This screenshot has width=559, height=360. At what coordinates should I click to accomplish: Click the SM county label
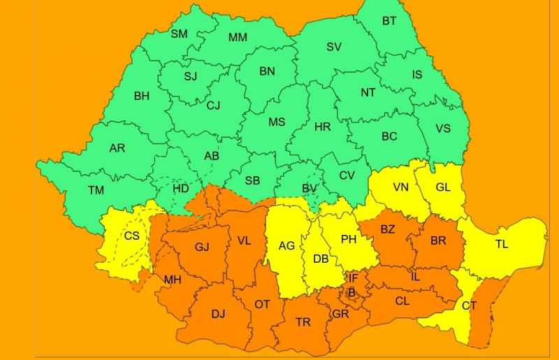(179, 34)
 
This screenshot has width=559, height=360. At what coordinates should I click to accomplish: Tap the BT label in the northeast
(389, 21)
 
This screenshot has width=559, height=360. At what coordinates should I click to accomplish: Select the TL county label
(502, 245)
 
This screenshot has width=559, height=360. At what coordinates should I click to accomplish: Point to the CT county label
(469, 305)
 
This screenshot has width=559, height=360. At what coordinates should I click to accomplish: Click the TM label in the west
(96, 190)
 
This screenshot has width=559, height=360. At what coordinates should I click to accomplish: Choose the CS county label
(131, 236)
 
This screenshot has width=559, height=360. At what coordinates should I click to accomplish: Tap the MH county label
(173, 280)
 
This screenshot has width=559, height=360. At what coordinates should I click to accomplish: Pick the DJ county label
(218, 314)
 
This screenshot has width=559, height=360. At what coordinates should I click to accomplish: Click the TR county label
(303, 322)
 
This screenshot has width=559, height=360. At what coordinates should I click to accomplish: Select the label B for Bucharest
(352, 291)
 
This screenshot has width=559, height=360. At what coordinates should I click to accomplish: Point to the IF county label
(354, 278)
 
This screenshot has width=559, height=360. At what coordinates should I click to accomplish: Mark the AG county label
(286, 245)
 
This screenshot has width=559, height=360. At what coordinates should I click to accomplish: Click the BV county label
(309, 189)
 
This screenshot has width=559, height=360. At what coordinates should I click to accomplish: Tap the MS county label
(277, 122)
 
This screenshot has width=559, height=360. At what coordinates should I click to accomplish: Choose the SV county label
(334, 47)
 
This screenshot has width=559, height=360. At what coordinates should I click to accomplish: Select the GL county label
(443, 187)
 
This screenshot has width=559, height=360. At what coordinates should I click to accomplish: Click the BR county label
(438, 240)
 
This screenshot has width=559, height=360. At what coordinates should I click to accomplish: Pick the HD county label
(180, 189)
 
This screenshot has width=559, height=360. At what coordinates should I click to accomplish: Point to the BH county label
(141, 96)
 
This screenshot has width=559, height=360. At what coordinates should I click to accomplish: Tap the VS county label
(443, 128)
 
